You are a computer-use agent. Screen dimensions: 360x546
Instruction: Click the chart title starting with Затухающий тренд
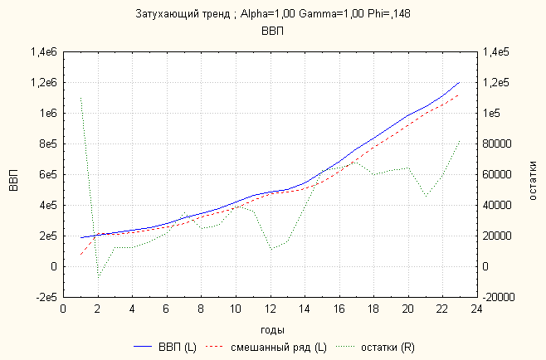273,14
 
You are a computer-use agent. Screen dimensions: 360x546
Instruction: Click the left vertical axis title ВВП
13,174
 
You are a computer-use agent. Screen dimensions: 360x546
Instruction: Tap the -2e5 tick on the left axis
41,297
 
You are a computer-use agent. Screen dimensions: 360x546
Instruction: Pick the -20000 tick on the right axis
501,297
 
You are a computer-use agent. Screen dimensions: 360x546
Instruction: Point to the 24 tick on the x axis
476,310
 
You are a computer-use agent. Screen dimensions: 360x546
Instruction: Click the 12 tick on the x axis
270,310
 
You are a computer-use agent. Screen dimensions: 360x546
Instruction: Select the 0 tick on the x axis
64,310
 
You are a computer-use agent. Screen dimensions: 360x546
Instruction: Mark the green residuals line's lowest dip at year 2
98,278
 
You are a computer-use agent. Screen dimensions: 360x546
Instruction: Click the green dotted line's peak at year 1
80,98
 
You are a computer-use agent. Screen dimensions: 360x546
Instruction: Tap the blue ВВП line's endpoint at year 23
459,82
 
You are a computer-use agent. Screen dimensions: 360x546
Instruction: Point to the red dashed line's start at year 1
80,254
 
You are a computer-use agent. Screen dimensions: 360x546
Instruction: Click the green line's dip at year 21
425,196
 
